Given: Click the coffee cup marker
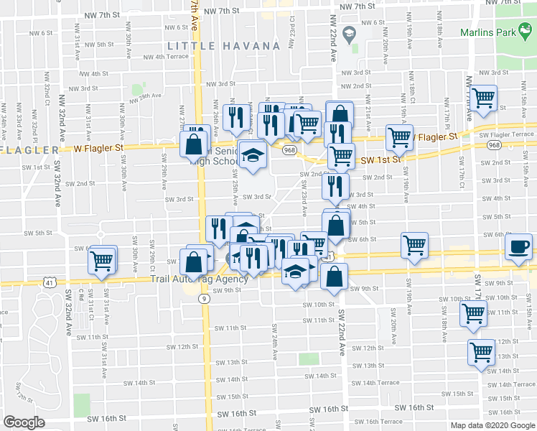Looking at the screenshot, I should [518, 248].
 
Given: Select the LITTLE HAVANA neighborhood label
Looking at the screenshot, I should [223, 46].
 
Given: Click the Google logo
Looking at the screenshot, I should [24, 422].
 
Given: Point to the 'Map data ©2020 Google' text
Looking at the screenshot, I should [492, 425].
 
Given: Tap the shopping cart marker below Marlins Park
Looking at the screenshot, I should [485, 97].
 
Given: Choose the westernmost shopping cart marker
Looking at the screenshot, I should [103, 259].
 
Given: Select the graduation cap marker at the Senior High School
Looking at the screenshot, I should [252, 155].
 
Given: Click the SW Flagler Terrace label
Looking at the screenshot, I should [508, 134].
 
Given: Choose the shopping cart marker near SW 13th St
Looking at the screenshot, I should [481, 353].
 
